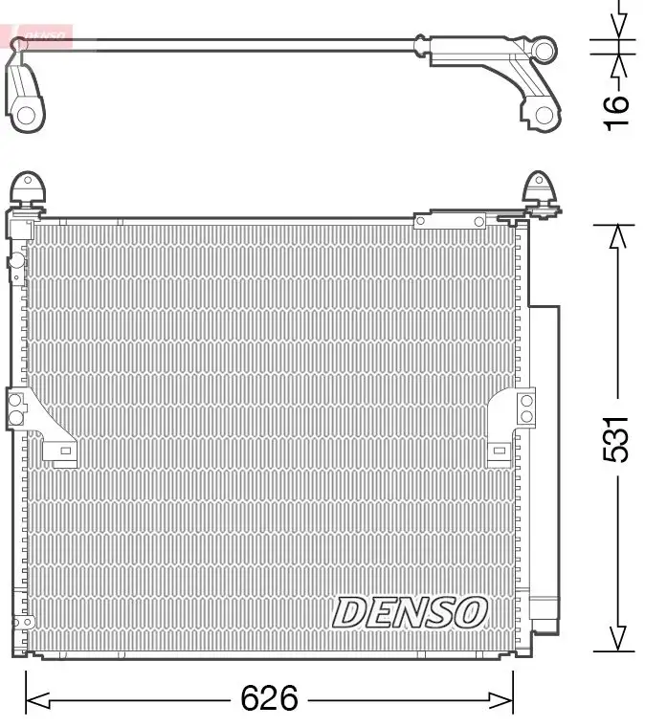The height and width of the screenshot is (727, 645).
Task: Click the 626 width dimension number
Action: (269, 699)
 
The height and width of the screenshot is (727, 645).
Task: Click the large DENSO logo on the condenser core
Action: (410, 612)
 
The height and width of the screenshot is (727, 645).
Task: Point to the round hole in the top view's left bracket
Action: (27, 115)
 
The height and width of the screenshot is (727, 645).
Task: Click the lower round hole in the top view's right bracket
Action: (543, 115)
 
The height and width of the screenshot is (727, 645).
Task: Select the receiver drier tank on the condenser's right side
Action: (543, 459)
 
